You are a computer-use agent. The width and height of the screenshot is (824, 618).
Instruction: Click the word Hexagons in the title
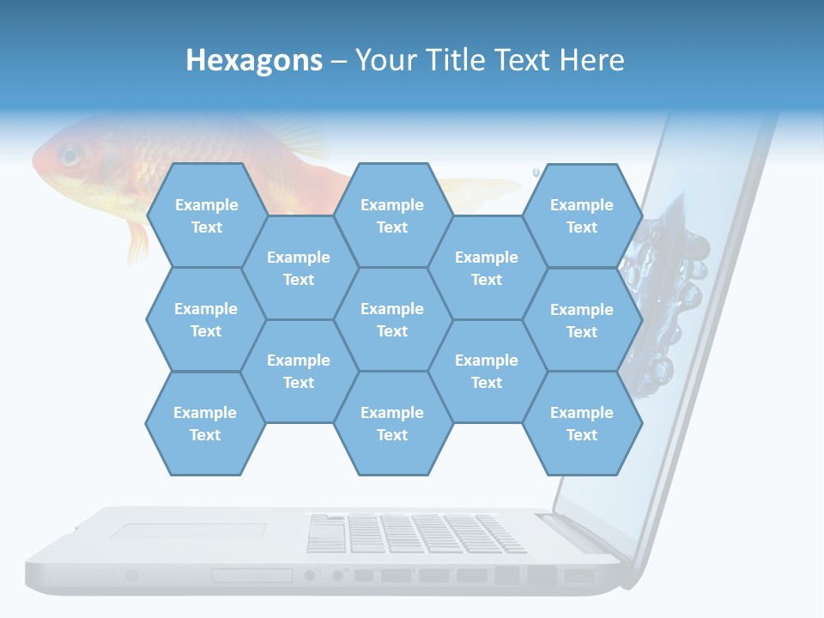coord(254,60)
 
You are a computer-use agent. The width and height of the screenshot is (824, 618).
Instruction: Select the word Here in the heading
coord(591,60)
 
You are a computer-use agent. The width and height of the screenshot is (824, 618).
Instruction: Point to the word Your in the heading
coord(384,60)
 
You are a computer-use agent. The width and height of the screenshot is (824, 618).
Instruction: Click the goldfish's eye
coord(68,155)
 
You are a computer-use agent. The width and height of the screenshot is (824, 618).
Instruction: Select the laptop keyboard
coord(416,533)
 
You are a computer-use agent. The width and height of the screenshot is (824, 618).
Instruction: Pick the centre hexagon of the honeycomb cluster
coord(392,319)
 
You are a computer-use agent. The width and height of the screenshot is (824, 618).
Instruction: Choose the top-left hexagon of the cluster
coord(206,215)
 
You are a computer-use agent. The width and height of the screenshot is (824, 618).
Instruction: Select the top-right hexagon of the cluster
coord(582,215)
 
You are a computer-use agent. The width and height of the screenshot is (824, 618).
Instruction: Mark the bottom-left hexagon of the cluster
coord(205,423)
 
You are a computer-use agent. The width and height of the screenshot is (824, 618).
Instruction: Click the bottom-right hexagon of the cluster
coord(582,423)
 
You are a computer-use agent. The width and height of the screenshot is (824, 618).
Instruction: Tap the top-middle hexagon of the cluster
coord(392,215)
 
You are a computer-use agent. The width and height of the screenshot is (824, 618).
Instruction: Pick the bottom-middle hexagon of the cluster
coord(392,423)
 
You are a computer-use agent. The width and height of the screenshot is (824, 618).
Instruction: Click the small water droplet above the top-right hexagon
coord(536,170)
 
